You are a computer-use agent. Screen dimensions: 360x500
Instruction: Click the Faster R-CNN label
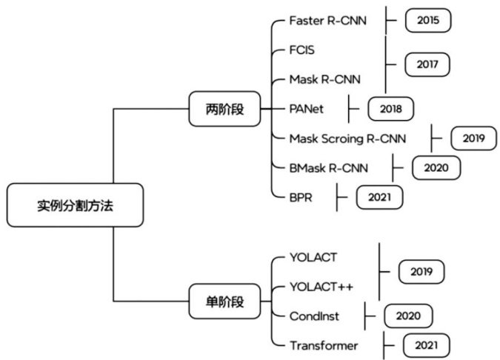327,20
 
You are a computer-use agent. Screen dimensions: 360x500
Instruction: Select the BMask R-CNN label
330,167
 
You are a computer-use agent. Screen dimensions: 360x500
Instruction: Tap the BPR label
301,197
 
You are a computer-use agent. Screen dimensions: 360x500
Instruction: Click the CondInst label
315,316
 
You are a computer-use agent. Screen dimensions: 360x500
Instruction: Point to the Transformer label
324,345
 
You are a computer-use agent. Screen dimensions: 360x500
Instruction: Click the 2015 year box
427,20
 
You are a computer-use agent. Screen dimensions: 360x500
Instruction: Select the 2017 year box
427,64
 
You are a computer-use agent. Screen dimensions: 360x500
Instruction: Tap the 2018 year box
390,109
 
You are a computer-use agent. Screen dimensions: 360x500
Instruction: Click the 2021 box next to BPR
379,197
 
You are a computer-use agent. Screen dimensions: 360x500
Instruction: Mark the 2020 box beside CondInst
407,316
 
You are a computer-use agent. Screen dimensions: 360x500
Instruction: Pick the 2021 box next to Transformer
426,345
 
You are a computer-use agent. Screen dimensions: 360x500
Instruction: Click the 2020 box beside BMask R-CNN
436,167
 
